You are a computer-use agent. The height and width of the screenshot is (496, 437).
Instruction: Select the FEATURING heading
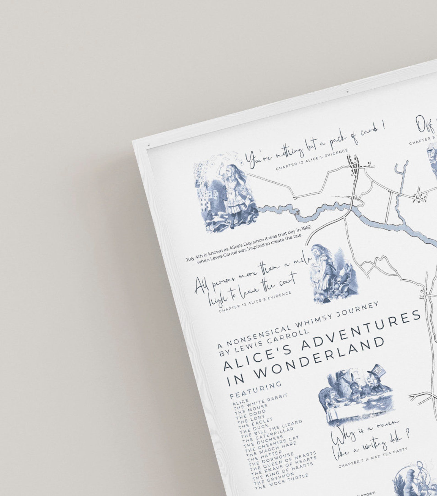(256, 390)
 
